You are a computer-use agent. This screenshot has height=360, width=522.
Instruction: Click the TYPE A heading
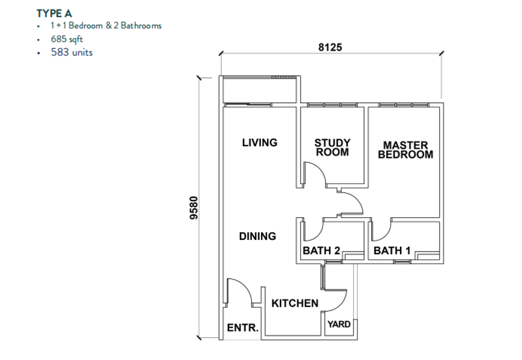click(x=54, y=14)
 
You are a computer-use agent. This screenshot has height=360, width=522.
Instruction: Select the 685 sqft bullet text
click(x=67, y=39)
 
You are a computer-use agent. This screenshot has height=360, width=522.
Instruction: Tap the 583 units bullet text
click(x=72, y=52)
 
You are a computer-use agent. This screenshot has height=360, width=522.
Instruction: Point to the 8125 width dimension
click(x=330, y=47)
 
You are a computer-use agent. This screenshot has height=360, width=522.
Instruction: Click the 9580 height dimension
click(x=193, y=208)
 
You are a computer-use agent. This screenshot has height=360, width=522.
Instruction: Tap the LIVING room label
click(x=260, y=143)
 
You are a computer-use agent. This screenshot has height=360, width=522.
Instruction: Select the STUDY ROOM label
click(x=332, y=148)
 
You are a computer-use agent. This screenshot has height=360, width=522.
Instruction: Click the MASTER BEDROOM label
click(x=405, y=150)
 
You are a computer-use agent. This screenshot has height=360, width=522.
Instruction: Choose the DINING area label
click(x=258, y=236)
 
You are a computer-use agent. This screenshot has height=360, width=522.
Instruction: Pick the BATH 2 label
click(x=321, y=250)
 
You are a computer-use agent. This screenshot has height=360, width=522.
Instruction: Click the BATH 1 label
click(x=392, y=250)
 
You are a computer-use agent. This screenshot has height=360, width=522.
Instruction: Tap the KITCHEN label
click(x=295, y=303)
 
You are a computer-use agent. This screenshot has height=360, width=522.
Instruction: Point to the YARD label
click(x=339, y=324)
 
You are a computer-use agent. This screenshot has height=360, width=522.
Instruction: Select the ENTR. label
click(x=243, y=328)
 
